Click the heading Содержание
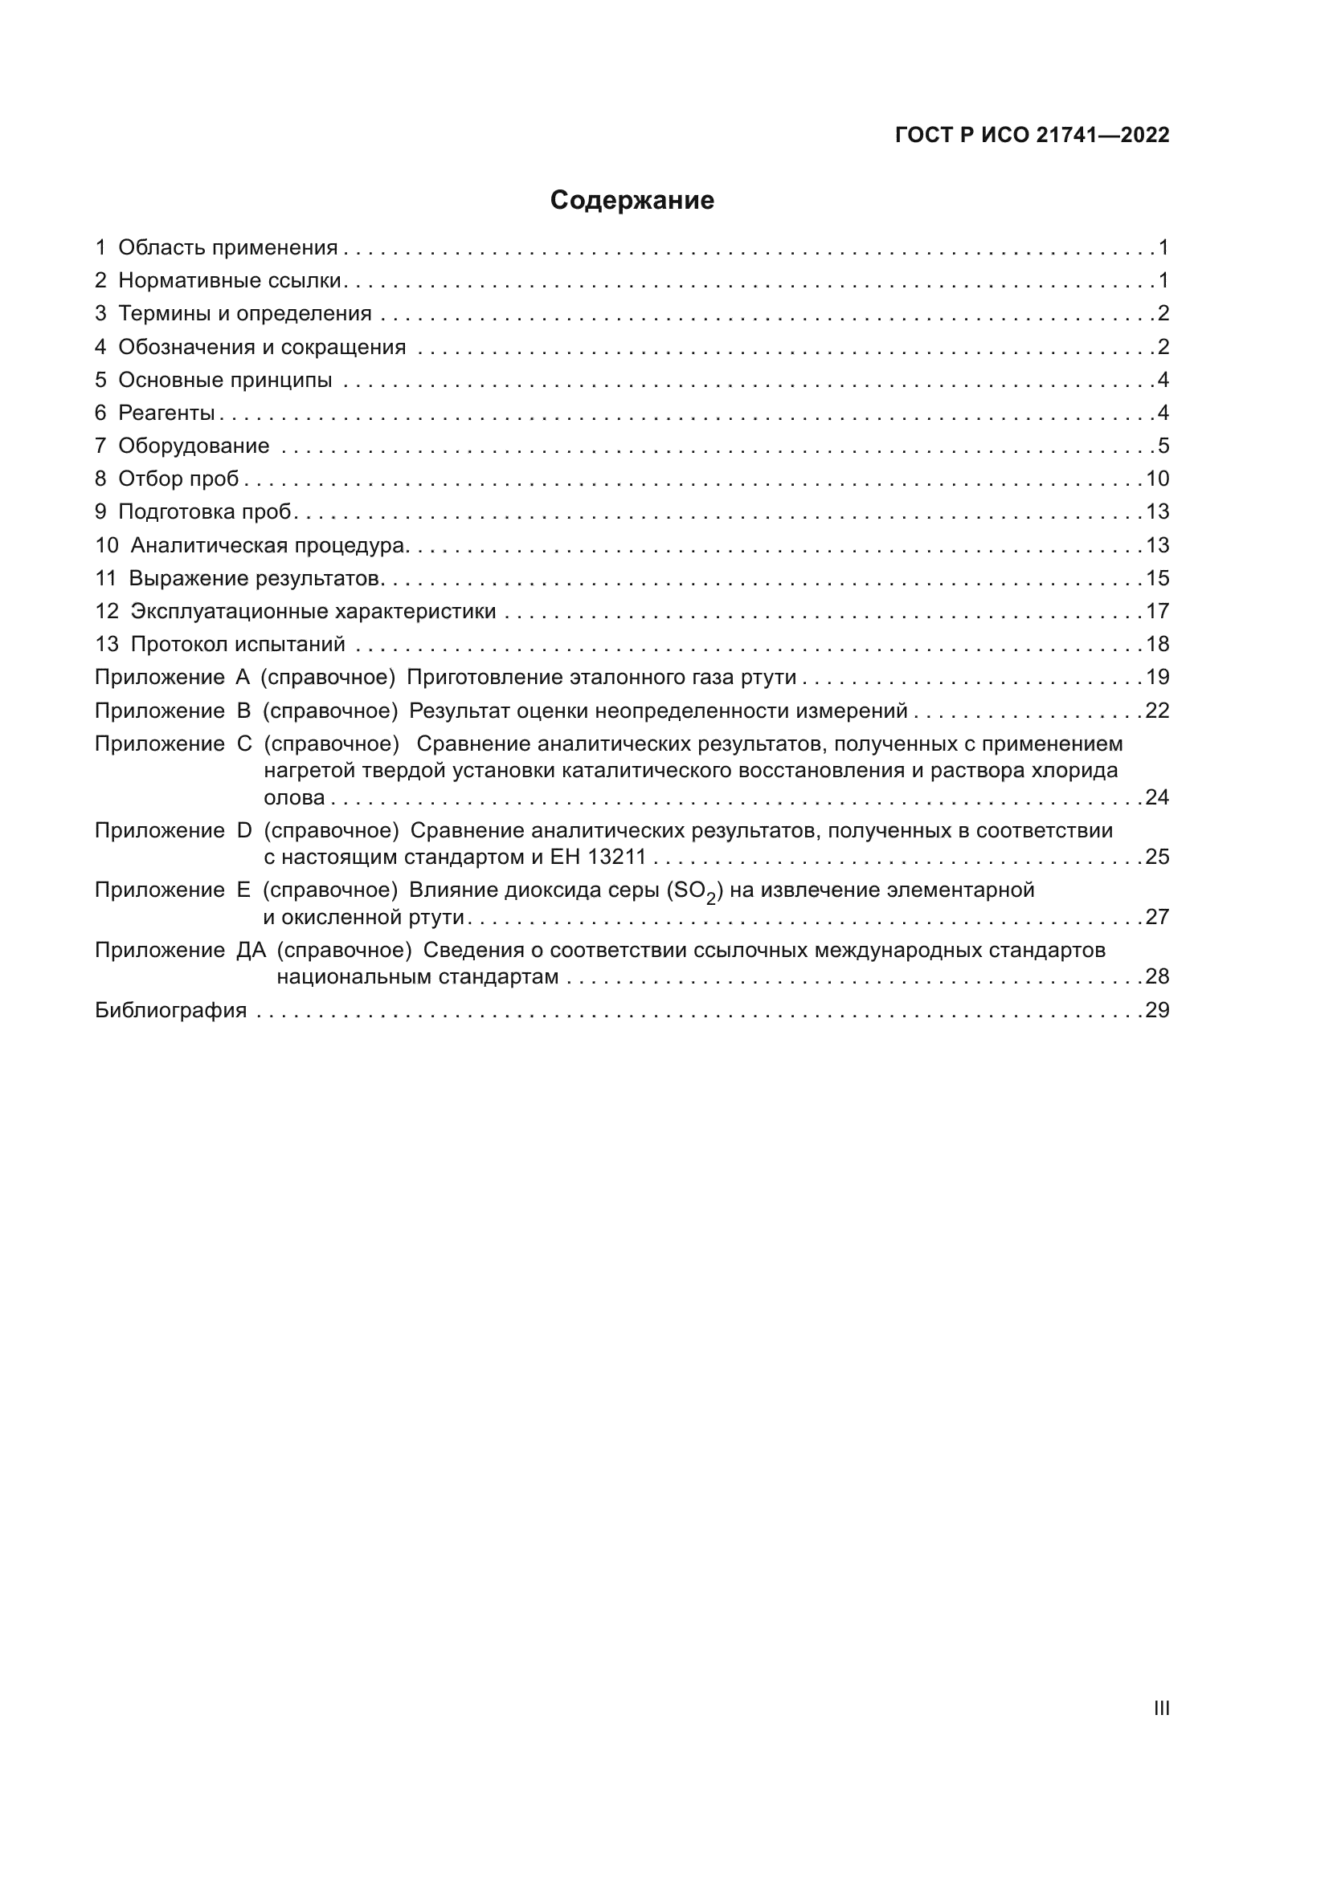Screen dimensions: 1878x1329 (x=632, y=201)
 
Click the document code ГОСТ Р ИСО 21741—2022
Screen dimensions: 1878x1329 (x=1032, y=135)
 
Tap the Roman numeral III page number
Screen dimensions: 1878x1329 (x=1160, y=1708)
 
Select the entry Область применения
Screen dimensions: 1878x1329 (x=227, y=248)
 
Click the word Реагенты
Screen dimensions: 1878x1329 (x=166, y=413)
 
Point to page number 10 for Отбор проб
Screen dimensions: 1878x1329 (x=1157, y=479)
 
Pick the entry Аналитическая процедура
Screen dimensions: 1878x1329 (x=268, y=545)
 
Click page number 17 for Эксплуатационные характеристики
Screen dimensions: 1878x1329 (x=1157, y=611)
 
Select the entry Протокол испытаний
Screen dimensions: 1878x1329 (x=237, y=645)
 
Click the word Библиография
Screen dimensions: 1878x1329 (x=170, y=1010)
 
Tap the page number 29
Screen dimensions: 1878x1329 (x=1157, y=1010)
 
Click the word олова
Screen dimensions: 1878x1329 (x=294, y=797)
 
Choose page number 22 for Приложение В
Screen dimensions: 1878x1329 (x=1157, y=711)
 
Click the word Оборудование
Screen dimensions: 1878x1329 (x=194, y=446)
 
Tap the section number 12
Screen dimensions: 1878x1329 (x=106, y=611)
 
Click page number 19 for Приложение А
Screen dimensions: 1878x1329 (x=1157, y=678)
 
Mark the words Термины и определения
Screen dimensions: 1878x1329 (x=245, y=313)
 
